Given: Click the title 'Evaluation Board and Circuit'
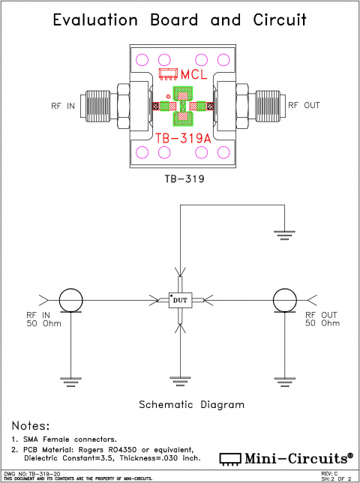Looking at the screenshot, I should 180,20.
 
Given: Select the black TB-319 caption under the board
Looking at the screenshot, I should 180,180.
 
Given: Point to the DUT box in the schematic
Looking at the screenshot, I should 180,300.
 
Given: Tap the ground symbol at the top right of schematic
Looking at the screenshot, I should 283,235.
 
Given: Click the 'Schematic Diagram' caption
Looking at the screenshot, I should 192,404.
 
